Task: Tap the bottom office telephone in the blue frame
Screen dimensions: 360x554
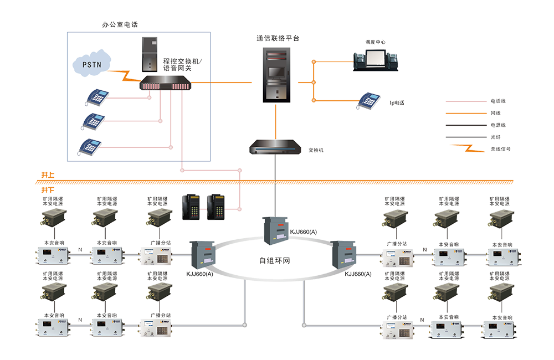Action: point(90,147)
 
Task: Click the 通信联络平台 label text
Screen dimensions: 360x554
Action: point(278,38)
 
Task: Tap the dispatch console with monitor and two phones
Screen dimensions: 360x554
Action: point(376,57)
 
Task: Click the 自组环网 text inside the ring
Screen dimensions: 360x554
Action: point(274,260)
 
